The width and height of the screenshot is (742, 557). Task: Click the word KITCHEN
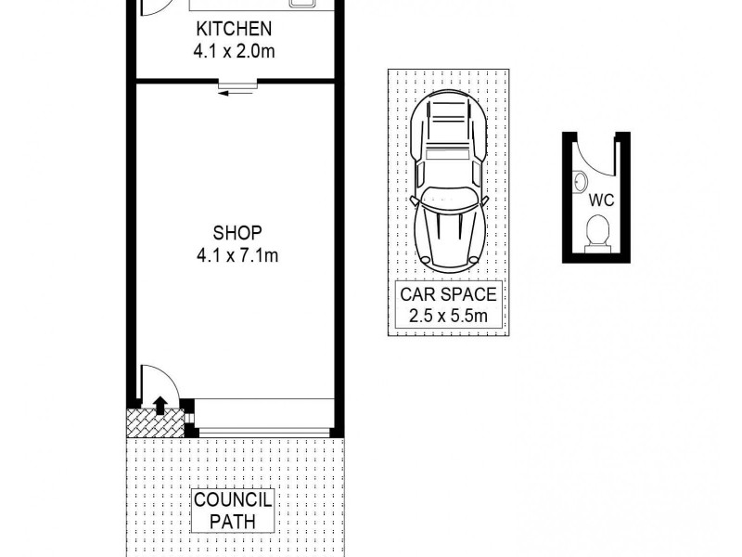coord(234,30)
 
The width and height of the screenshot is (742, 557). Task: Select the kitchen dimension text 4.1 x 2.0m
coord(234,52)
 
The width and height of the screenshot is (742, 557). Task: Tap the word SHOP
coord(237,232)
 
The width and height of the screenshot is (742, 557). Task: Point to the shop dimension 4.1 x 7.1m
coord(237,254)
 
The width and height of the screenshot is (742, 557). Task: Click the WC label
coord(598,200)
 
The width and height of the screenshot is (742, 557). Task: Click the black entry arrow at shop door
coord(160,404)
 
